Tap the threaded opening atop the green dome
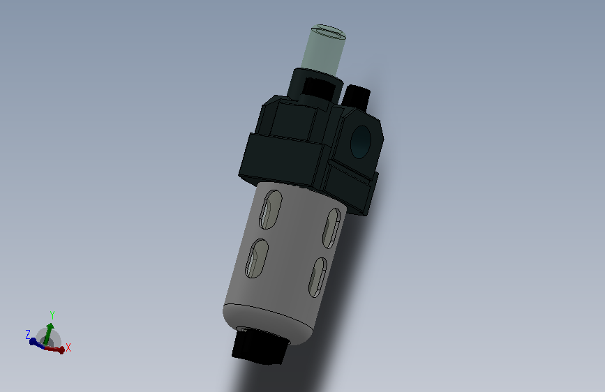pyautogui.click(x=329, y=31)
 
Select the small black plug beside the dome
pyautogui.click(x=356, y=96)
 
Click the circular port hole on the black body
pyautogui.click(x=360, y=142)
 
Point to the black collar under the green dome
pyautogui.click(x=315, y=86)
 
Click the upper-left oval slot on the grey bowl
pyautogui.click(x=271, y=209)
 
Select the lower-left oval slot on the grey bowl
pyautogui.click(x=257, y=258)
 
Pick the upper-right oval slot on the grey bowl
pyautogui.click(x=331, y=228)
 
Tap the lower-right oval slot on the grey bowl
pyautogui.click(x=318, y=277)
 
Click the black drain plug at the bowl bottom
pyautogui.click(x=260, y=346)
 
